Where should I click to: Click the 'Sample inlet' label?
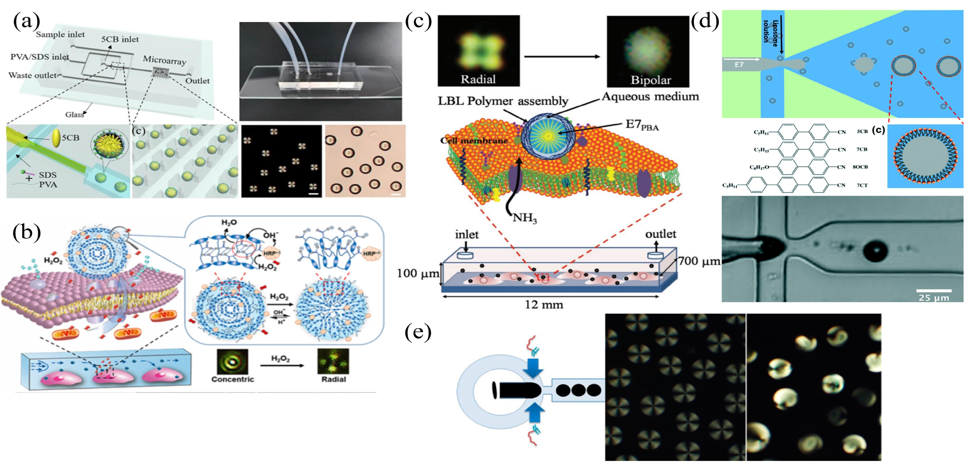pyautogui.click(x=60, y=35)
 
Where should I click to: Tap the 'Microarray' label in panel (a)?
pyautogui.click(x=164, y=60)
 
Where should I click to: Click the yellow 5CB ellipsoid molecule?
pyautogui.click(x=56, y=138)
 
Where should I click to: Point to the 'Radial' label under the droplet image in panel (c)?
pyautogui.click(x=478, y=79)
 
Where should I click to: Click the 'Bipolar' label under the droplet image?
pyautogui.click(x=650, y=80)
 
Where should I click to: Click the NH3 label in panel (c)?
pyautogui.click(x=524, y=218)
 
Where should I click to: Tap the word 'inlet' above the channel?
pyautogui.click(x=467, y=234)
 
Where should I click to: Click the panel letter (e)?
pyautogui.click(x=418, y=332)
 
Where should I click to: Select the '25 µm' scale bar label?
pyautogui.click(x=934, y=298)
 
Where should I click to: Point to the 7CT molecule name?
pyautogui.click(x=862, y=185)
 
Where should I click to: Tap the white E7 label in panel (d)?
pyautogui.click(x=739, y=65)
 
